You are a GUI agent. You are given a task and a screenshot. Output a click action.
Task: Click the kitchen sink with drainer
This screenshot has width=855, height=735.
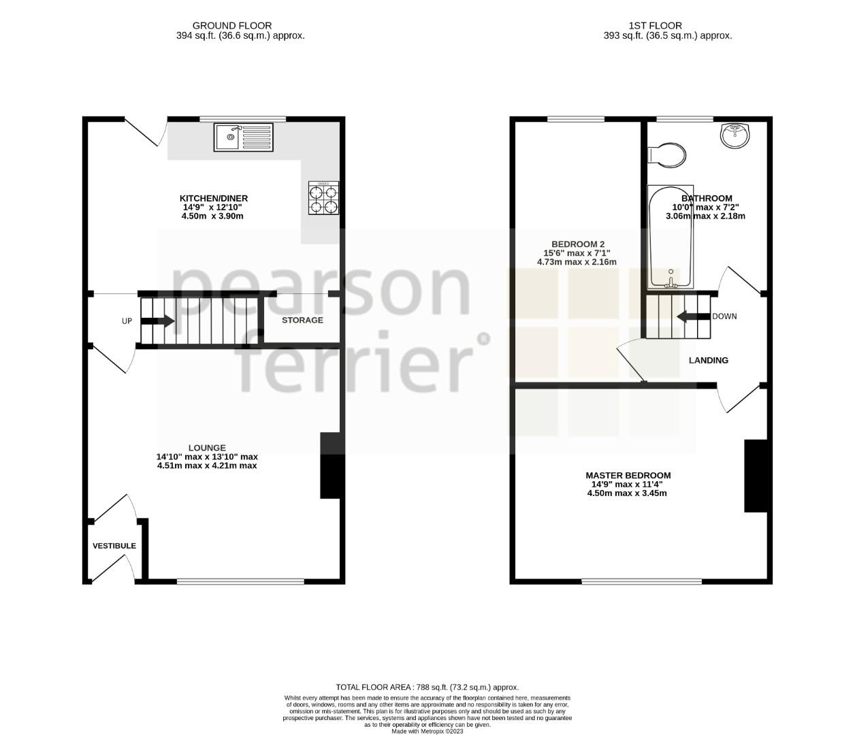click(x=243, y=137)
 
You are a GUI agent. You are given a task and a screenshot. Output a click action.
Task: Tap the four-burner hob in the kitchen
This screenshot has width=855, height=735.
click(x=323, y=197)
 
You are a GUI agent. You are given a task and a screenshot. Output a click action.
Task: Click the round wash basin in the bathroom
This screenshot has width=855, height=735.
click(x=735, y=135)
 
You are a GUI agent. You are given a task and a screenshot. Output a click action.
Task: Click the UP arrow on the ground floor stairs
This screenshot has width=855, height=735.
click(x=157, y=321)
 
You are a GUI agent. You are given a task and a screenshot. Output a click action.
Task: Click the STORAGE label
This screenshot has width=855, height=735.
click(x=302, y=320)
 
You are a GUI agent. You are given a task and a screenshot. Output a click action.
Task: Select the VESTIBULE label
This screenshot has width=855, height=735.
click(x=114, y=546)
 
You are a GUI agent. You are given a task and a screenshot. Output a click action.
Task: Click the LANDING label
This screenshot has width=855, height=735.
click(x=708, y=360)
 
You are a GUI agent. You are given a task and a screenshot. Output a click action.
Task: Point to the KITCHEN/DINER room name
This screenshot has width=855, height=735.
click(x=213, y=198)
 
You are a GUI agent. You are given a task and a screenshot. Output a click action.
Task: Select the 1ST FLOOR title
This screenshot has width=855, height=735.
click(x=667, y=26)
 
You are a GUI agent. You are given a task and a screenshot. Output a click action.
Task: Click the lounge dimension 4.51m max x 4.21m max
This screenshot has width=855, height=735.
click(x=207, y=466)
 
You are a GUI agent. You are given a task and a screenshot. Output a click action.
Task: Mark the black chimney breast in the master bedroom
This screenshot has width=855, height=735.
click(x=755, y=476)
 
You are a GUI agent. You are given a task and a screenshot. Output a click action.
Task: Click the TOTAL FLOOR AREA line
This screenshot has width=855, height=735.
click(x=427, y=687)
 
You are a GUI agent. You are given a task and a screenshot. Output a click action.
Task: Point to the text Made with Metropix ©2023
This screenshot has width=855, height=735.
click(x=427, y=732)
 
